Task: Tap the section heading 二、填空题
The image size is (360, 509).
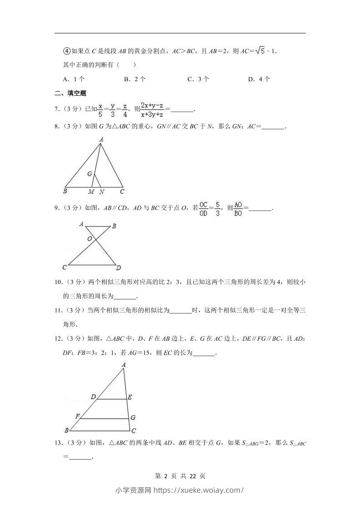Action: (70, 93)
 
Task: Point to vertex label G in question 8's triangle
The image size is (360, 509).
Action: (90, 174)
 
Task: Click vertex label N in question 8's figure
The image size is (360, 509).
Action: (102, 192)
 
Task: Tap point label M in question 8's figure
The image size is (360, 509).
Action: (91, 192)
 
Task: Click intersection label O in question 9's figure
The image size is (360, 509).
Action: (89, 239)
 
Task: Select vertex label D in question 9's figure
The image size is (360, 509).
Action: (118, 267)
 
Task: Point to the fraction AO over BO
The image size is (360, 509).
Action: (238, 209)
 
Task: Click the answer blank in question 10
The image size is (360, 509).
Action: (125, 297)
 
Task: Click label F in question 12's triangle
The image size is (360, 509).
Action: (78, 416)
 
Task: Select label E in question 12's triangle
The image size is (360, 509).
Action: (129, 397)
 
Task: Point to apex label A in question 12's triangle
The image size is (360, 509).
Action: (123, 364)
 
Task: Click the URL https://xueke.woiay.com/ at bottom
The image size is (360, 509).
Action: (199, 490)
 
